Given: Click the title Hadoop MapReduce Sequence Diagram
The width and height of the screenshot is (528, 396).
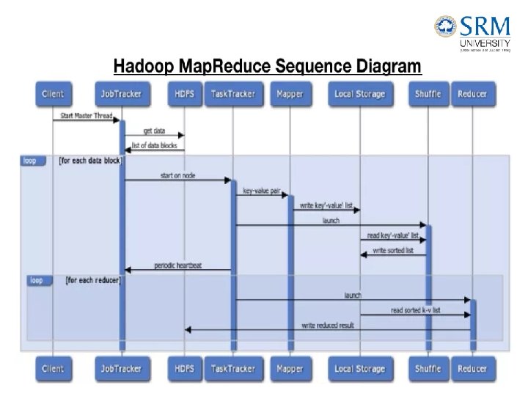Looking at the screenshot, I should coord(267,67).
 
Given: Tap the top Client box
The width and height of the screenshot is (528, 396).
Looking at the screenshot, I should coord(53,94).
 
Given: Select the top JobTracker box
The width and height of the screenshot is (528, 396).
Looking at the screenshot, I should coord(122,94).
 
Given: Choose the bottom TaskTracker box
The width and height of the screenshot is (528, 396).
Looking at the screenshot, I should coord(233,369).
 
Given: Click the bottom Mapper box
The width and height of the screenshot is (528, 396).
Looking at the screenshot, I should coord(290,369).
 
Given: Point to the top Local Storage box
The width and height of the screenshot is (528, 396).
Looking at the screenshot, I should coord(359,94).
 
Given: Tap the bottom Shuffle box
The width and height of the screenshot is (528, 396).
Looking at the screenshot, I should coord(428,369).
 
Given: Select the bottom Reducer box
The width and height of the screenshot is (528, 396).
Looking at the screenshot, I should coord(472,369).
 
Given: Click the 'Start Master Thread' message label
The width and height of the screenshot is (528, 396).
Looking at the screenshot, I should coord(82,115).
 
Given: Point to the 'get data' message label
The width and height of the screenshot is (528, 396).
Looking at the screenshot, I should coord(154,131).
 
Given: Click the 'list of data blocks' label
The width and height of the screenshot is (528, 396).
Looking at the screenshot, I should coord(154,145).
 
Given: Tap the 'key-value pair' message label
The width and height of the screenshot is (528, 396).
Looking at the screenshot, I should coord(262,190).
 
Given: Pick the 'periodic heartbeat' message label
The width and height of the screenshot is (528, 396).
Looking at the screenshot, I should coord(178,265).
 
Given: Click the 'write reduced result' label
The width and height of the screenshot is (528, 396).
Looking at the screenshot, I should coord(328,325).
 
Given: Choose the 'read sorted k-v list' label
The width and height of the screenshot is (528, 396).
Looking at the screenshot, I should coord(416,310).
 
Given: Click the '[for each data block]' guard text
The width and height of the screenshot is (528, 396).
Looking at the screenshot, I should coord(90,160).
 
